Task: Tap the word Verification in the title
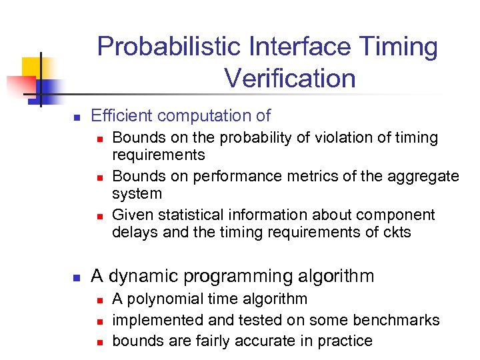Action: (x=290, y=79)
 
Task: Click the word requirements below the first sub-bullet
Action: (x=159, y=155)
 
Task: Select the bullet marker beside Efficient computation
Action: (x=76, y=117)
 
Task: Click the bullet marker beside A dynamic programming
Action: (x=76, y=277)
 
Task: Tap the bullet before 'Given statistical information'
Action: (x=98, y=216)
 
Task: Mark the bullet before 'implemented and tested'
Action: (x=98, y=321)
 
